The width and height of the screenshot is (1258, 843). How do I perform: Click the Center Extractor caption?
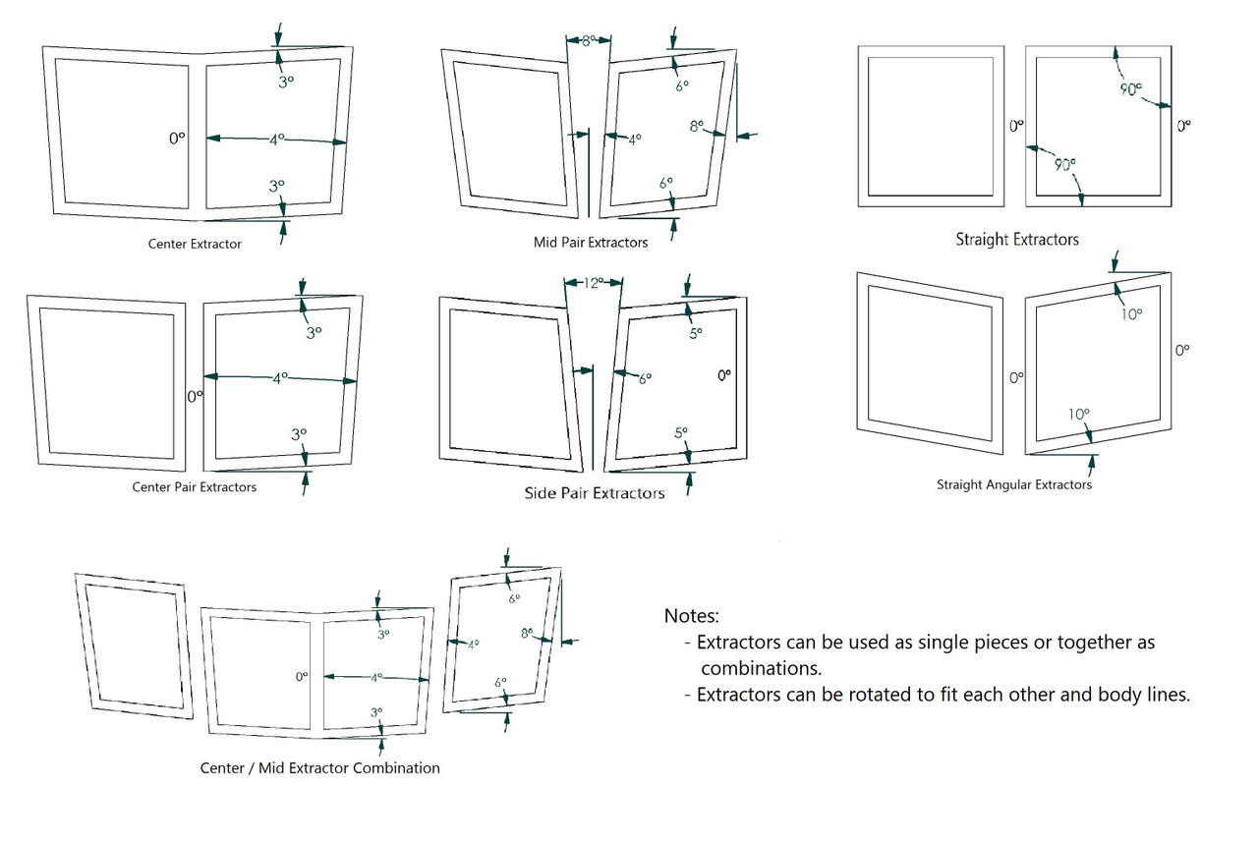(195, 244)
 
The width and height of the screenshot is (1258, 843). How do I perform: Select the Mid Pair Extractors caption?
(591, 243)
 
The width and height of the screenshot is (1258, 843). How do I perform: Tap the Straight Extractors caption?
(1017, 240)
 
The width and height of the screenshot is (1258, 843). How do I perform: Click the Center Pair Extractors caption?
(195, 486)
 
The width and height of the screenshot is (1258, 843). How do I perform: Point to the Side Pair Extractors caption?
(595, 493)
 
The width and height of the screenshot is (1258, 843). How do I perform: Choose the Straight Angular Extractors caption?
(1013, 484)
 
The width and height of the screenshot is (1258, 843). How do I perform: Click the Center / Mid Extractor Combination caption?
(319, 767)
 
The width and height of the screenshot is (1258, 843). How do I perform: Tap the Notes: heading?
(691, 616)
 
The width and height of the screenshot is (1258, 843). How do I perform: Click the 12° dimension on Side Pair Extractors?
(594, 283)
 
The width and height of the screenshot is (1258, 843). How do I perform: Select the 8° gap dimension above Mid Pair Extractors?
(588, 40)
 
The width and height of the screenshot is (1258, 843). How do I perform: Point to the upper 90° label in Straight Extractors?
(1131, 89)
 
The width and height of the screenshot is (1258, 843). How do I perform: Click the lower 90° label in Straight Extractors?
(1064, 165)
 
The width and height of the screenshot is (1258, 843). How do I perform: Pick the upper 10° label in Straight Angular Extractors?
(1131, 314)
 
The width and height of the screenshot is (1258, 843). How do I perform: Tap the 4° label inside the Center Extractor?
(277, 140)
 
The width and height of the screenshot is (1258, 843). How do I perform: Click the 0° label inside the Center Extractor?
(177, 139)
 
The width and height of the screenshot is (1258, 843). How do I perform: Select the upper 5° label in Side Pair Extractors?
(696, 333)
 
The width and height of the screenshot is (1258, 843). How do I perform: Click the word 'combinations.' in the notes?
(761, 668)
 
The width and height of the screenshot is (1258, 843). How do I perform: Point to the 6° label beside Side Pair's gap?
(645, 378)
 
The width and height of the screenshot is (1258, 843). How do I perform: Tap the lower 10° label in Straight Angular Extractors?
(1079, 415)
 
